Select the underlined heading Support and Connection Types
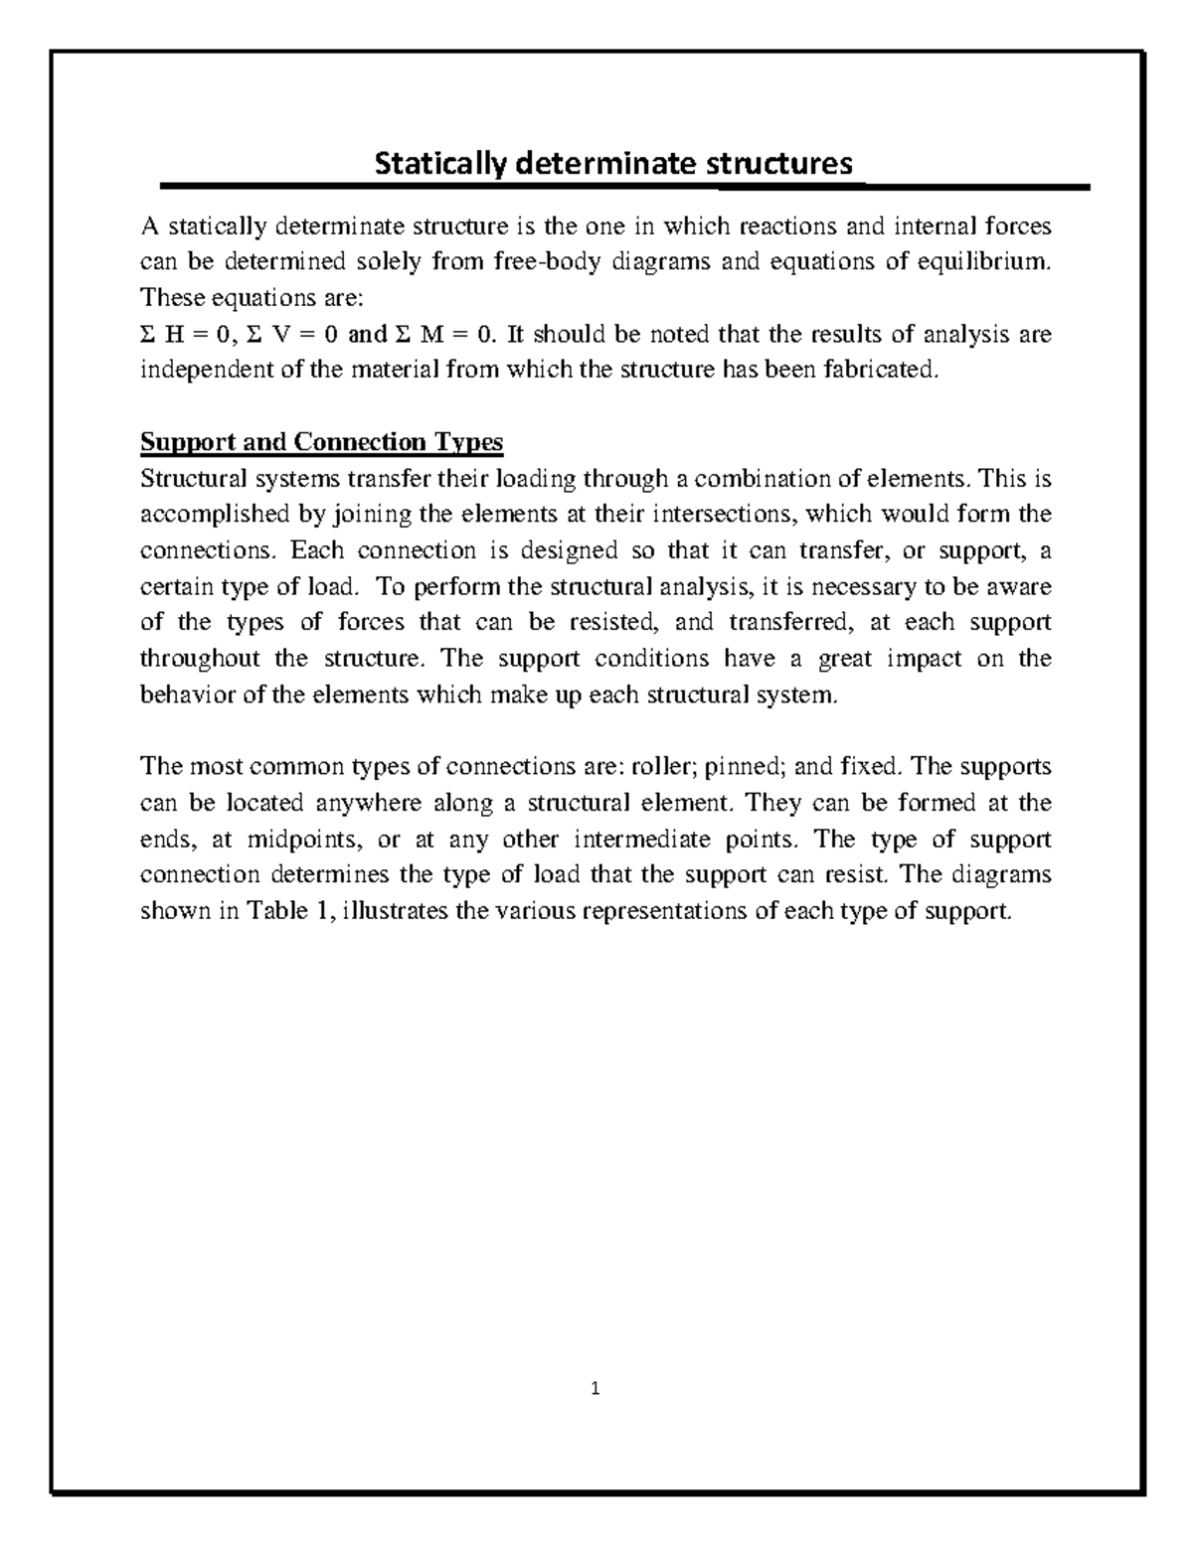322,442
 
